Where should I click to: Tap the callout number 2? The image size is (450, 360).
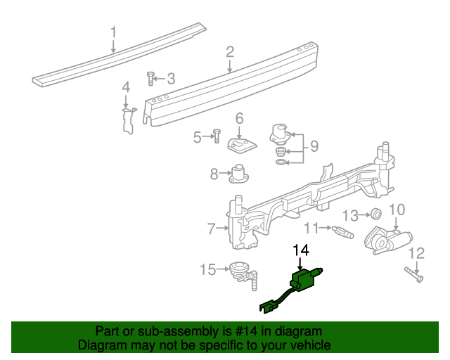tap(230, 51)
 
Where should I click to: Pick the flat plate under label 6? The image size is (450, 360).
tap(240, 145)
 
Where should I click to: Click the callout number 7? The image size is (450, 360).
tap(210, 228)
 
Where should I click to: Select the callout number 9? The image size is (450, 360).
tap(314, 146)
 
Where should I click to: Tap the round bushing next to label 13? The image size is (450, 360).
tap(376, 214)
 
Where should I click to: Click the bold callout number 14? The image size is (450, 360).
tap(301, 250)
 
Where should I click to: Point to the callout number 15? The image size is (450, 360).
tap(209, 269)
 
